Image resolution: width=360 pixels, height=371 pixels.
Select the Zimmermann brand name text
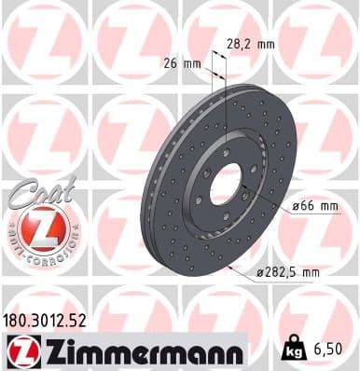[x=140, y=350]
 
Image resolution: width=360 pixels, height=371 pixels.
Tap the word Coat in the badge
[x=35, y=192]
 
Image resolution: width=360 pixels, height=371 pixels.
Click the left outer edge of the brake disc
[x=145, y=205]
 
